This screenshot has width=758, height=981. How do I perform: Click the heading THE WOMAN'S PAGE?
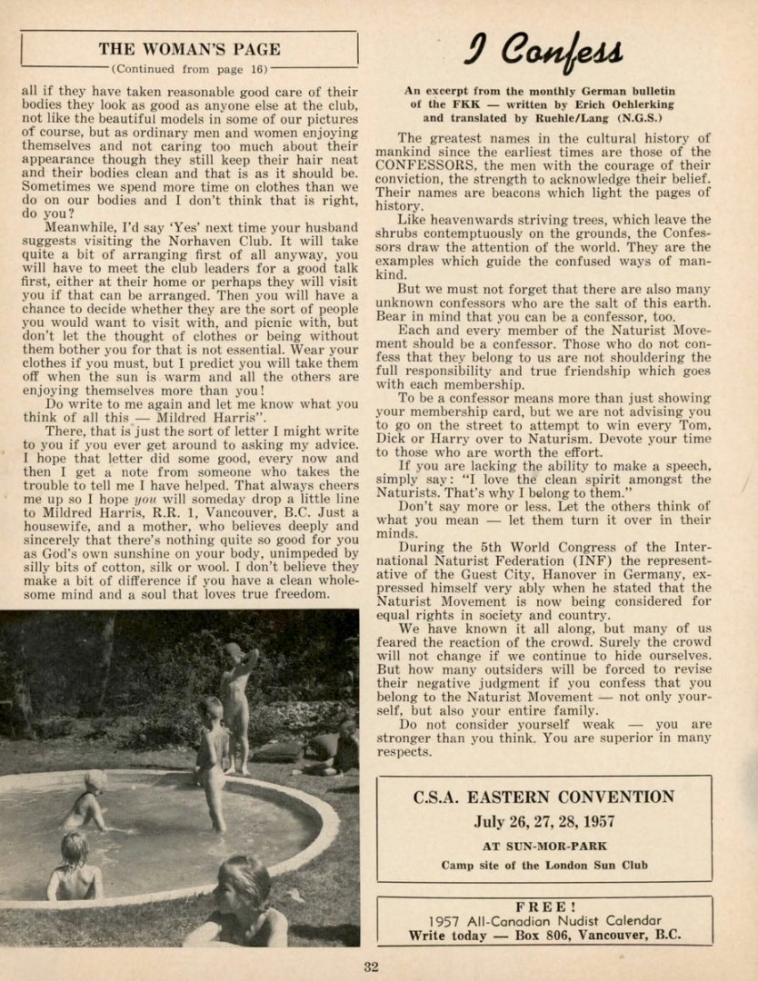(189, 49)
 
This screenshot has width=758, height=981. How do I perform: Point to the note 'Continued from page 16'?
(189, 68)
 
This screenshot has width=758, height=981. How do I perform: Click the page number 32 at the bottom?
(371, 966)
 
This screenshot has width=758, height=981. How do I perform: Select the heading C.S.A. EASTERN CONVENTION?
(544, 798)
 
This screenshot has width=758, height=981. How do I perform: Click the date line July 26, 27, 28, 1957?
(544, 823)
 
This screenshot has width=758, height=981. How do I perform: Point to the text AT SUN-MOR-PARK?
(544, 846)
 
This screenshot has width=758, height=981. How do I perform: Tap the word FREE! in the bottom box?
(544, 907)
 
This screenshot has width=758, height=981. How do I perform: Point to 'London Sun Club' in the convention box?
(592, 865)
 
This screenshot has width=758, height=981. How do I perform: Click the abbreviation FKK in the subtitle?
(463, 104)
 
